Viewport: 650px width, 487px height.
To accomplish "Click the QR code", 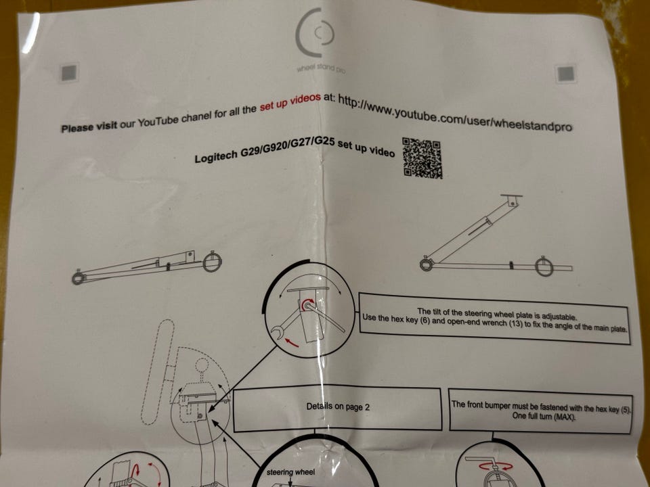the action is [422, 158].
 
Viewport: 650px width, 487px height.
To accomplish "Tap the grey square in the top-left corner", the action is [69, 73].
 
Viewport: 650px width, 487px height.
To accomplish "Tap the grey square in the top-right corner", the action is [565, 74].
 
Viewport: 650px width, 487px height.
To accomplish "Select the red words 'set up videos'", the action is [290, 102].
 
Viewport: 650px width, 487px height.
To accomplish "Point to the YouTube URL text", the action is [455, 113].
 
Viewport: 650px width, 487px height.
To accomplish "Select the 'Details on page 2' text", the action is [338, 407].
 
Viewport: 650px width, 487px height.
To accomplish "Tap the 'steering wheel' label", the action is [290, 472].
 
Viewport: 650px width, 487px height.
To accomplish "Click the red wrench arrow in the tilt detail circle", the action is [292, 342].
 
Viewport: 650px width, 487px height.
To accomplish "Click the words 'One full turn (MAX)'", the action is [544, 416].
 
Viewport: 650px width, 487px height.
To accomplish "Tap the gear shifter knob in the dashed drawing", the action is [202, 365].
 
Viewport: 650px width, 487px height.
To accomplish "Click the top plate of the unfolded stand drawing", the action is [511, 196].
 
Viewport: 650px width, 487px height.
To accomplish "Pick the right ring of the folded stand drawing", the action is [212, 262].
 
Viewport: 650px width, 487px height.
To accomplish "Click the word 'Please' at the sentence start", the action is [77, 128].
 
